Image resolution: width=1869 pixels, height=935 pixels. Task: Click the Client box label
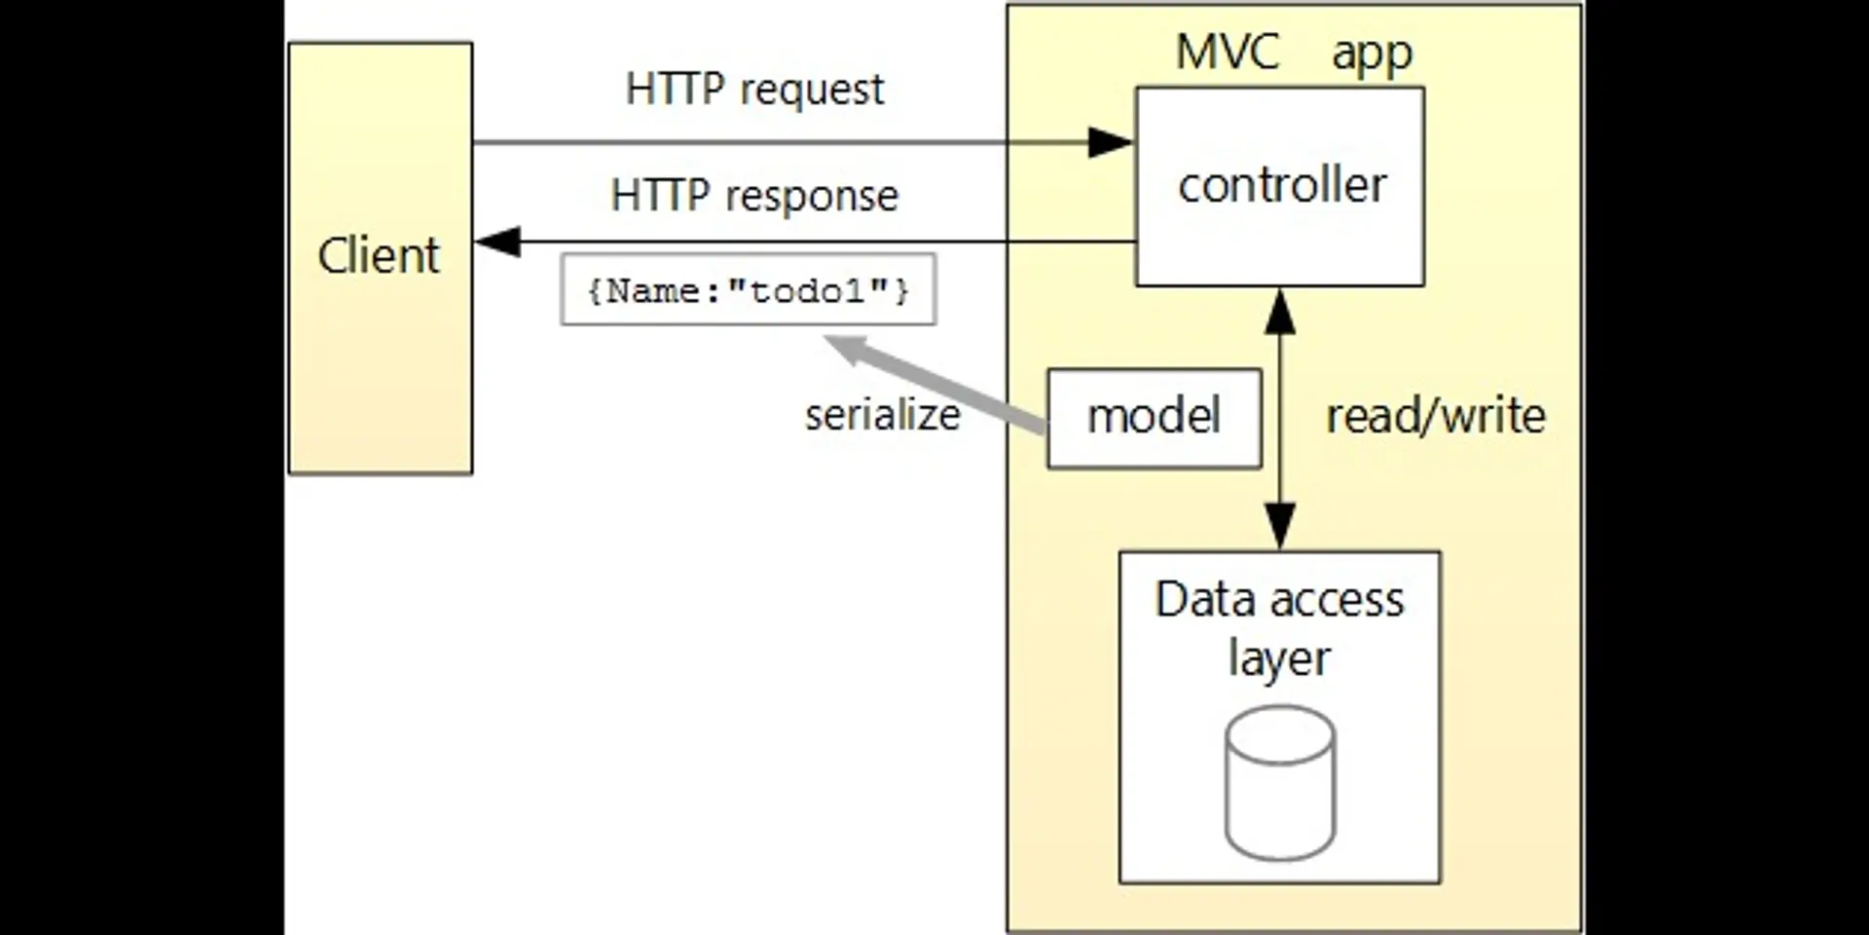coord(379,255)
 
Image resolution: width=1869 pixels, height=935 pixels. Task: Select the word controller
coord(1282,185)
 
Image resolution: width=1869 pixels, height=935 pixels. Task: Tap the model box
coord(1154,417)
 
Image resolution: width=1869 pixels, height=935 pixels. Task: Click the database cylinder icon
coord(1279,783)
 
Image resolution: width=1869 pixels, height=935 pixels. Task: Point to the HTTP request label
coord(754,90)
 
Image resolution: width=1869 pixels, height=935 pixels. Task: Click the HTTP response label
coord(754,196)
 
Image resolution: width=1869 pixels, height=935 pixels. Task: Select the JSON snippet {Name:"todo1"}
coord(748,290)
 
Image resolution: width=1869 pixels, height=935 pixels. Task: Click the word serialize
coord(882,415)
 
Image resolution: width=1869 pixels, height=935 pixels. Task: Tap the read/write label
coord(1435,416)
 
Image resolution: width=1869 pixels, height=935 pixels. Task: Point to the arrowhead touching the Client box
coord(496,242)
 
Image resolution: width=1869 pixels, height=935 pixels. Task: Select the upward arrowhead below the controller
coord(1279,312)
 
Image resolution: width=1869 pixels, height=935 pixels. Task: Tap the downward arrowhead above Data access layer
coord(1279,526)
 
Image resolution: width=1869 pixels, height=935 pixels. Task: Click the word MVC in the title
coord(1228,52)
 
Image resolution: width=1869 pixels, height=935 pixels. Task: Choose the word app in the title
coord(1372,54)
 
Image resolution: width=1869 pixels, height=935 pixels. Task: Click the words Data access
coord(1279,599)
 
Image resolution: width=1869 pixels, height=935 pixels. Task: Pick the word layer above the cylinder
coord(1278,659)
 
